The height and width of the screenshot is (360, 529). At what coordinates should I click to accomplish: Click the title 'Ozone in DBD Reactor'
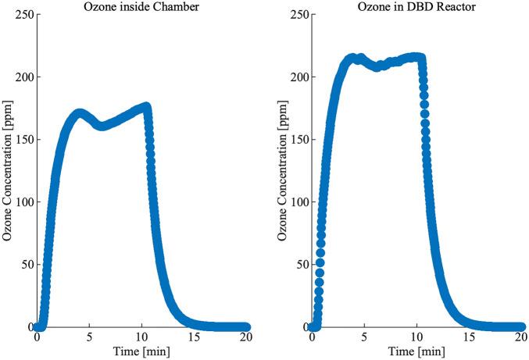click(x=417, y=8)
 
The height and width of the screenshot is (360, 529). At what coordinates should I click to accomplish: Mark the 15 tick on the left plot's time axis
click(x=195, y=338)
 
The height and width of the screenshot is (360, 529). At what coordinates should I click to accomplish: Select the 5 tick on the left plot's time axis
click(x=89, y=338)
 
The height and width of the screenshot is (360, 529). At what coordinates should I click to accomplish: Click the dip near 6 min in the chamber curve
click(x=102, y=125)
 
